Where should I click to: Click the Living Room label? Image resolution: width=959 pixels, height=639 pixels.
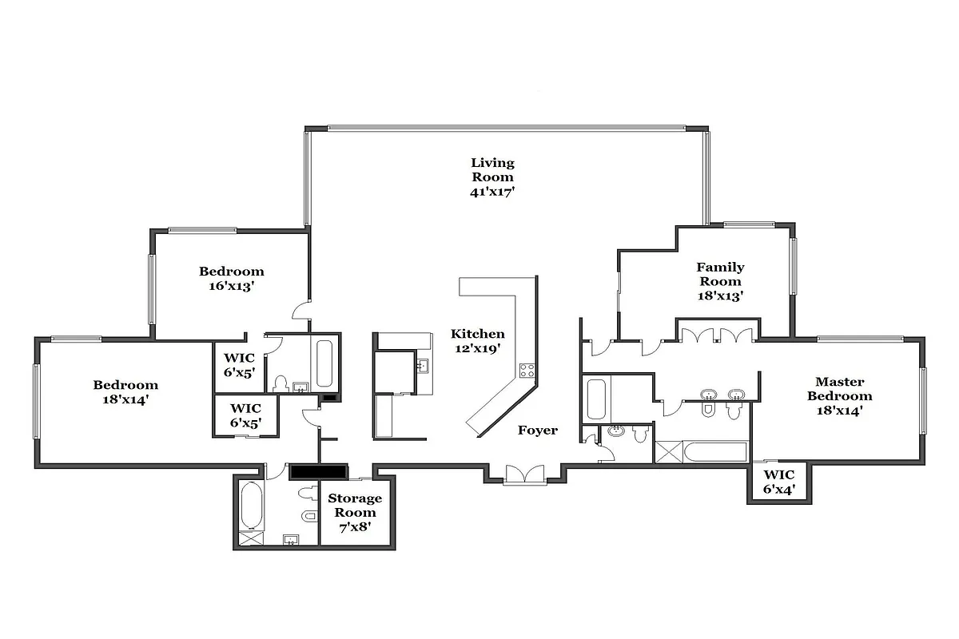click(x=492, y=170)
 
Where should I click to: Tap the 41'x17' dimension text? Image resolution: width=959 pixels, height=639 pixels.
click(x=492, y=192)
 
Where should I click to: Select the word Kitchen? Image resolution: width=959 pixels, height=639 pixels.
click(x=477, y=334)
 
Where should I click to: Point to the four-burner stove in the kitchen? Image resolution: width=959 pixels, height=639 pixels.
click(x=528, y=370)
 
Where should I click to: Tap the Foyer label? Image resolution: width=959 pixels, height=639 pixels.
click(x=537, y=431)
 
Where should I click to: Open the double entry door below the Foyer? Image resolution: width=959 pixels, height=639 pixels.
click(x=525, y=474)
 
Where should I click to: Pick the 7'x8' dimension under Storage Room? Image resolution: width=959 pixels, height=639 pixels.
click(x=355, y=527)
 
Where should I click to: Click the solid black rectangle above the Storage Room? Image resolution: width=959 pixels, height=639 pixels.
click(x=318, y=471)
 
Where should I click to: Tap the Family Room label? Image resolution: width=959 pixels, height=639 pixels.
click(x=720, y=274)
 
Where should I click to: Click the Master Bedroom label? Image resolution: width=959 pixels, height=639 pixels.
click(x=839, y=389)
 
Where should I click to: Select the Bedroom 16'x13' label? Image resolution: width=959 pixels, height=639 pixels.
click(x=231, y=278)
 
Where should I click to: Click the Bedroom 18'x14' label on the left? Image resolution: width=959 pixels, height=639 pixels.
click(x=125, y=391)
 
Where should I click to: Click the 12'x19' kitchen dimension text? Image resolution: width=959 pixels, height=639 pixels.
click(x=477, y=349)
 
